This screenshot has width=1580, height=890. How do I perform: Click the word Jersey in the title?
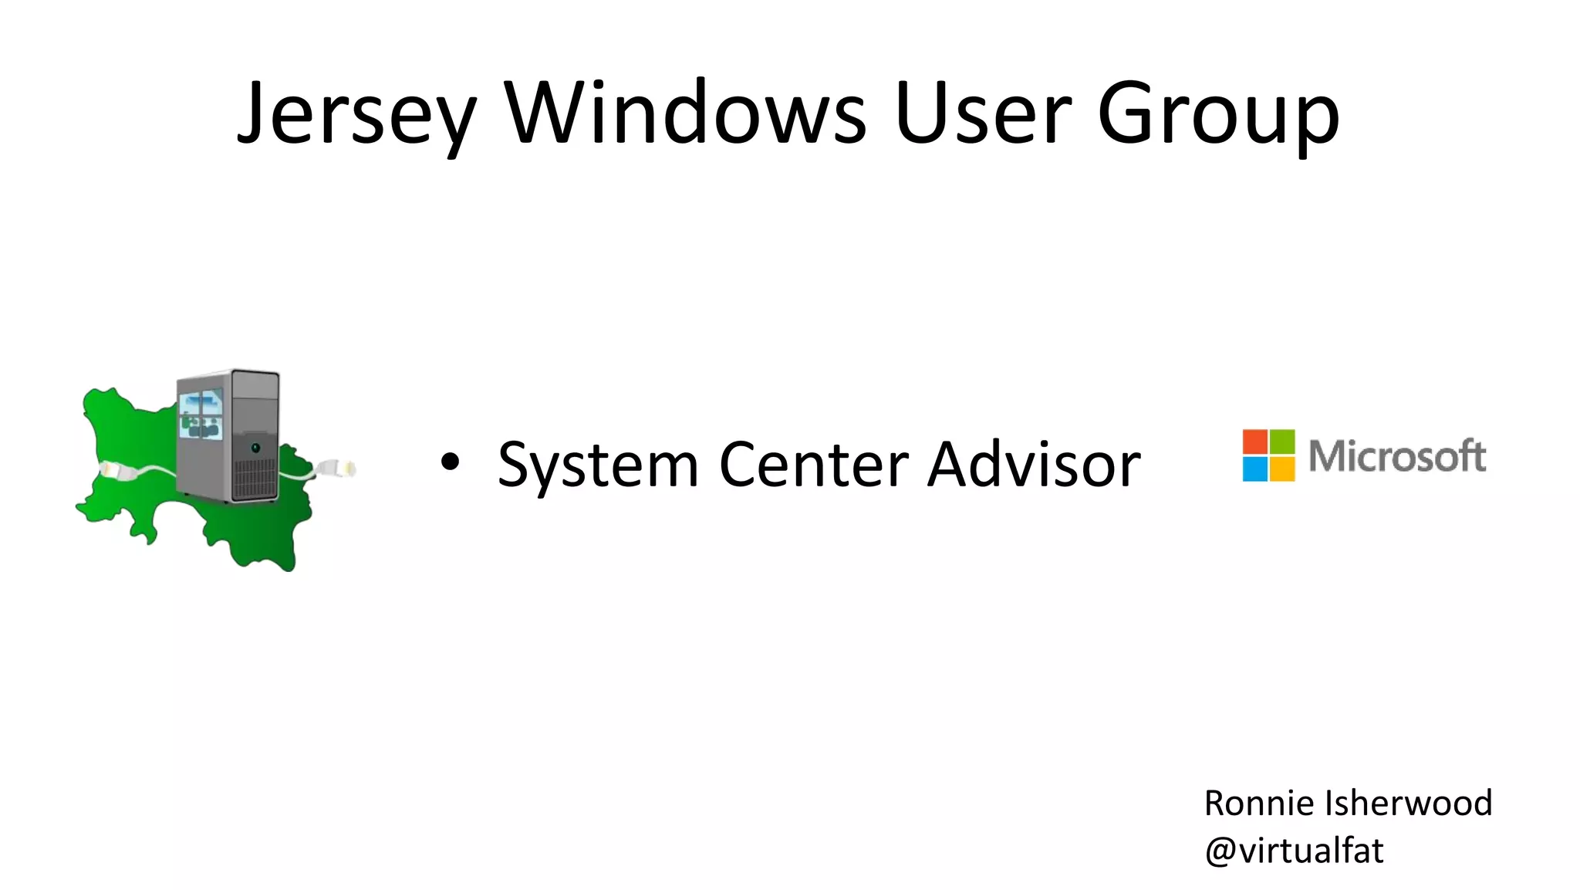(356, 114)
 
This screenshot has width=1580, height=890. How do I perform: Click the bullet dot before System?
(450, 462)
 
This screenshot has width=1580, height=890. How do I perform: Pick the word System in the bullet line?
(598, 465)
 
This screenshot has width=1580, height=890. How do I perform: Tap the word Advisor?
(1034, 464)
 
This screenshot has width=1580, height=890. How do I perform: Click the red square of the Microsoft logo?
(1254, 442)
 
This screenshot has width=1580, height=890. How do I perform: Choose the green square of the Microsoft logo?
(1282, 442)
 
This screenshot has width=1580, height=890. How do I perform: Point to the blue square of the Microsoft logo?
(1254, 469)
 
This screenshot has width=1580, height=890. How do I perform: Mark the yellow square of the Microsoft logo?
(1282, 469)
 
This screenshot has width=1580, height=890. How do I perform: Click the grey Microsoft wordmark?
(1397, 456)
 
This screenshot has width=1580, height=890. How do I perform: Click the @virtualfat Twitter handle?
(1294, 851)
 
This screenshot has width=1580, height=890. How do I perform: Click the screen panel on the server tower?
(201, 414)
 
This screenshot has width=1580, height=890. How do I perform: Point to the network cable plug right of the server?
(335, 468)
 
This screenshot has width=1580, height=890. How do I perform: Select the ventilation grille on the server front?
(255, 479)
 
